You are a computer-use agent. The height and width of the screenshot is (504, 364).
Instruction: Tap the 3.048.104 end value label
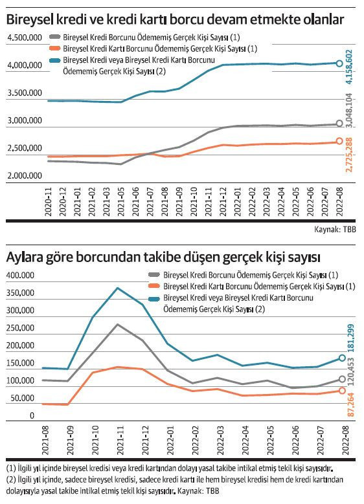point(350,111)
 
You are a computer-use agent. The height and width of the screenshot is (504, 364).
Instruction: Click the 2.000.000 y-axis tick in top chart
point(24,175)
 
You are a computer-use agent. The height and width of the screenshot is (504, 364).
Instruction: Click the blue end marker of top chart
point(340,63)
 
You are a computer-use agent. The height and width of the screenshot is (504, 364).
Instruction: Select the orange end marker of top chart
point(340,142)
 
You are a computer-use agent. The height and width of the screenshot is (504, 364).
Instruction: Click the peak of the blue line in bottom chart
point(117,288)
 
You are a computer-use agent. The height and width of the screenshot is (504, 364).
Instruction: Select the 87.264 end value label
point(350,404)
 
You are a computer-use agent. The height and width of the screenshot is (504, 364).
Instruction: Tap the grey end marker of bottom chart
point(342,380)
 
